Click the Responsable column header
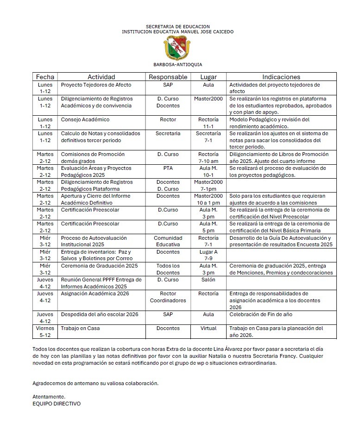tap(168, 77)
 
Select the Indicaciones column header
tap(281, 77)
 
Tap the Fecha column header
tap(45, 77)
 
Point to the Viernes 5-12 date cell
tap(45, 332)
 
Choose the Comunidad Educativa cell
tap(168, 241)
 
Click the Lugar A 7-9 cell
tap(208, 255)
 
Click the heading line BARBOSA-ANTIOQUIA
tap(177, 65)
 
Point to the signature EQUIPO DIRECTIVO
tap(57, 404)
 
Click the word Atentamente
tap(49, 397)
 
